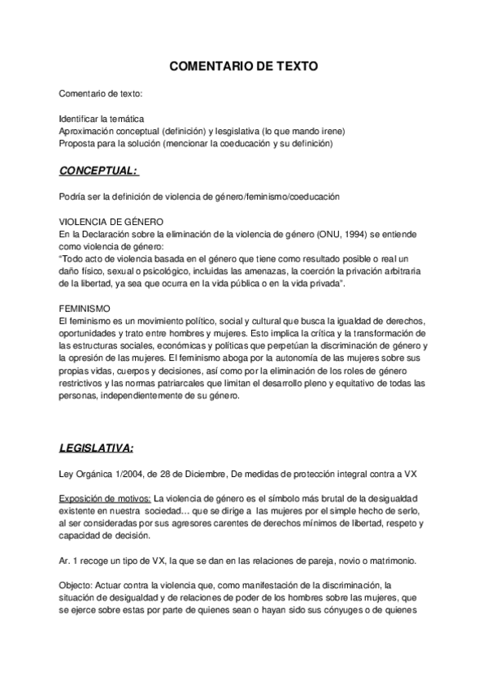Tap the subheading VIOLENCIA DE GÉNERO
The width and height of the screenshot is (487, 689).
[x=112, y=222]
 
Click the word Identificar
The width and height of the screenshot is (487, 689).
[x=82, y=119]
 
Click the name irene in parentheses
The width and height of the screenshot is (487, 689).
[x=333, y=131]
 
